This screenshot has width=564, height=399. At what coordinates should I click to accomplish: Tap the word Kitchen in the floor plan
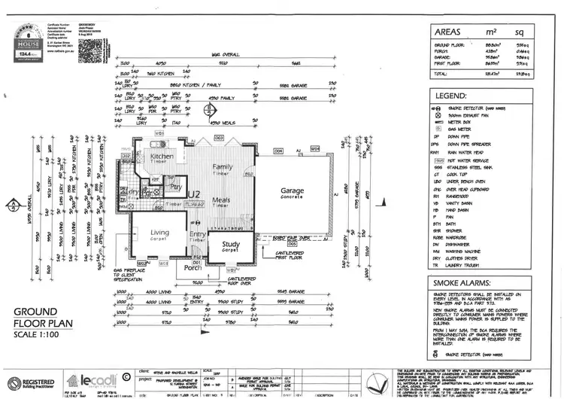click(x=162, y=157)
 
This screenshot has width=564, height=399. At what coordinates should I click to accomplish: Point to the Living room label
click(x=159, y=233)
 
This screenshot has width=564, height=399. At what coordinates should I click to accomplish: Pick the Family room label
click(x=223, y=166)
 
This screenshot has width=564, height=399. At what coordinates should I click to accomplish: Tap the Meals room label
click(x=220, y=200)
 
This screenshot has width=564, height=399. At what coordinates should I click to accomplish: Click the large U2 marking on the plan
click(x=194, y=193)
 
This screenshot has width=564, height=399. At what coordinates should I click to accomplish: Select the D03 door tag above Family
click(x=220, y=139)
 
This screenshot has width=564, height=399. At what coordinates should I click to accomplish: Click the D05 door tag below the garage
click(x=292, y=244)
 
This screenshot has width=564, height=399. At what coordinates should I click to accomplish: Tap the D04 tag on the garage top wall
click(x=277, y=151)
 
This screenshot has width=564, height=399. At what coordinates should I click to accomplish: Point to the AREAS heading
click(x=449, y=33)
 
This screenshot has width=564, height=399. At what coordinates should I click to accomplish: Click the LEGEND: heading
click(x=450, y=96)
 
